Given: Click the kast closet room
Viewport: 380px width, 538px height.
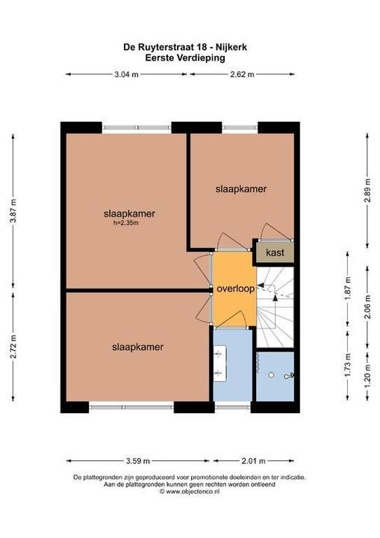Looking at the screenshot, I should tap(275, 253).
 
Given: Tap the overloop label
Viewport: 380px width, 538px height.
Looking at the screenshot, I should tap(235, 288).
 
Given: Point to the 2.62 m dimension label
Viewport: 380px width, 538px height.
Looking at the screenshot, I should tap(242, 74).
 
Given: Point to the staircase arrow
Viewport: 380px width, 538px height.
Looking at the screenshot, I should tap(278, 298).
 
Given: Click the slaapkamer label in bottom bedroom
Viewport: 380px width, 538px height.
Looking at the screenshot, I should tap(138, 347).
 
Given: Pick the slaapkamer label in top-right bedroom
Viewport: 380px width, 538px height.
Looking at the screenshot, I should tap(241, 189).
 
